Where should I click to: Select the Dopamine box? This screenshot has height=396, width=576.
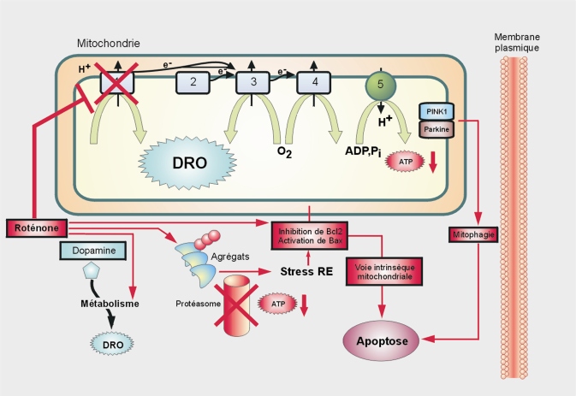94,251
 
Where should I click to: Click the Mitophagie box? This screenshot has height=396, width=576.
474,233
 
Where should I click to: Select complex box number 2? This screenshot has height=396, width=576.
193,83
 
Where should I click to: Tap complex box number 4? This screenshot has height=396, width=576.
313,83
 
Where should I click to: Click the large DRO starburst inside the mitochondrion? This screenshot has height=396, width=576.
182,163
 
